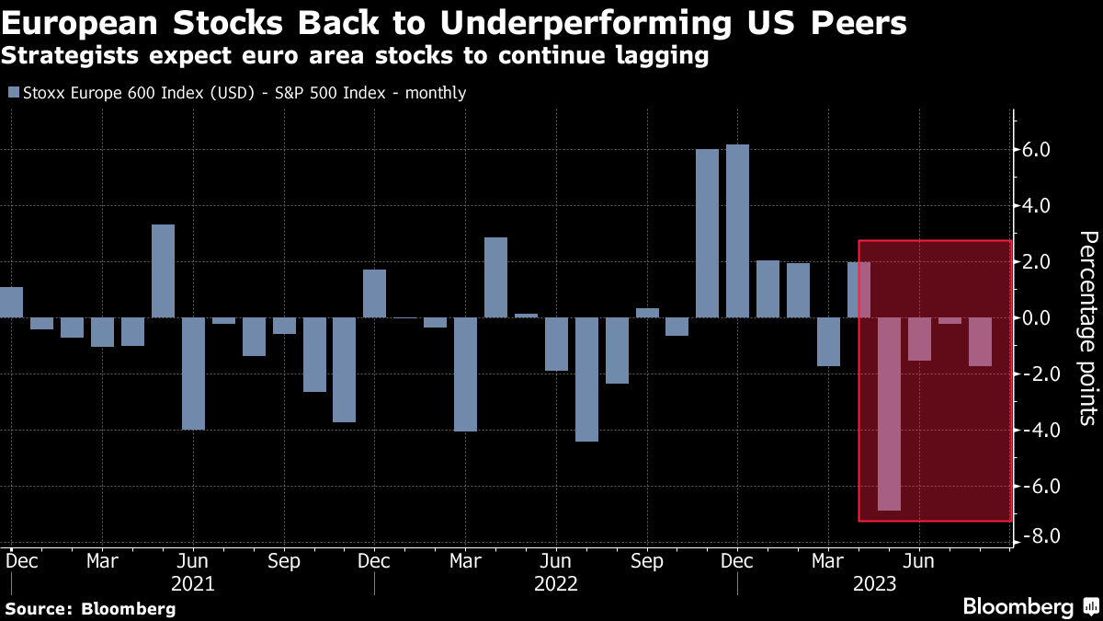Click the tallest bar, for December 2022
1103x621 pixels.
tap(737, 231)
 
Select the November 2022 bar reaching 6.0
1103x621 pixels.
tap(707, 234)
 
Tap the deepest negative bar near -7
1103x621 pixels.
tap(889, 414)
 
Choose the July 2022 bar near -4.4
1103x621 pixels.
tap(586, 379)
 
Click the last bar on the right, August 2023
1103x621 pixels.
tap(1006, 341)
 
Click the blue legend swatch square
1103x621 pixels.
tap(13, 93)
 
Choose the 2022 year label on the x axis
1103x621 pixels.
tap(555, 583)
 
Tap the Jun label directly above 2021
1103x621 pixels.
tap(193, 560)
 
